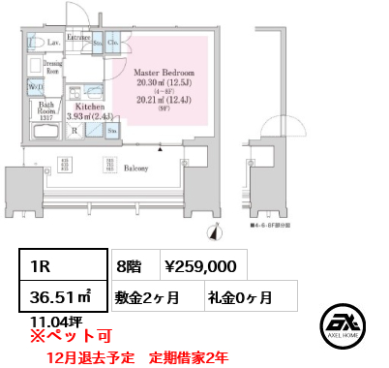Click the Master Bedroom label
click(164, 73)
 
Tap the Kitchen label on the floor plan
click(103, 107)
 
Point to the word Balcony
click(135, 168)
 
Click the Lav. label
click(55, 44)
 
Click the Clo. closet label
click(113, 44)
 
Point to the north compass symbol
click(214, 230)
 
